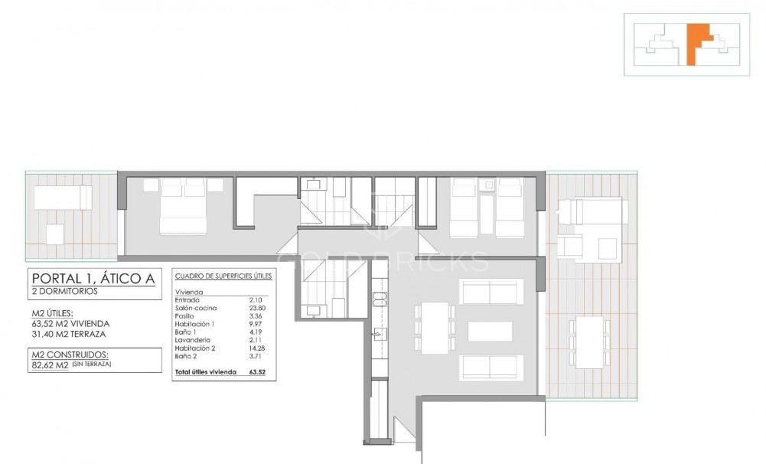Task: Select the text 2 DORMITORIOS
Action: pos(65,292)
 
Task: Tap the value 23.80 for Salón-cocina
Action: pos(256,308)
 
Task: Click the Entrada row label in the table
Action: pos(188,300)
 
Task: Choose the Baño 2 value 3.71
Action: pos(256,357)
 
